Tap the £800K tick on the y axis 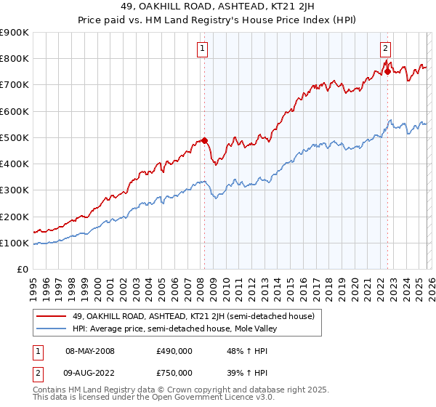[x=15, y=59]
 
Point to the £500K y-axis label [x=15, y=137]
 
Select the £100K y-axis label [x=15, y=243]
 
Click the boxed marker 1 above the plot [x=201, y=49]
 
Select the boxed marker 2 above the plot [x=384, y=49]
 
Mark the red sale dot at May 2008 [x=204, y=140]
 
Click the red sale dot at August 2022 [x=387, y=71]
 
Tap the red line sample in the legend [x=52, y=316]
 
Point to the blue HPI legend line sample [x=52, y=329]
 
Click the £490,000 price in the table [x=174, y=351]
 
